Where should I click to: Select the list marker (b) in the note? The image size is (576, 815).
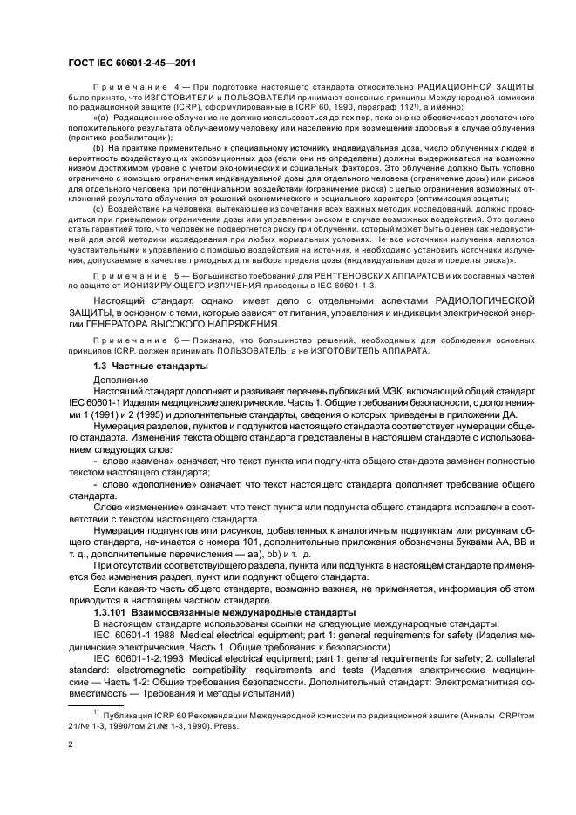coord(99,150)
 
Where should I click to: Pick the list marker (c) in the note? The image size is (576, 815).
coord(99,208)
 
